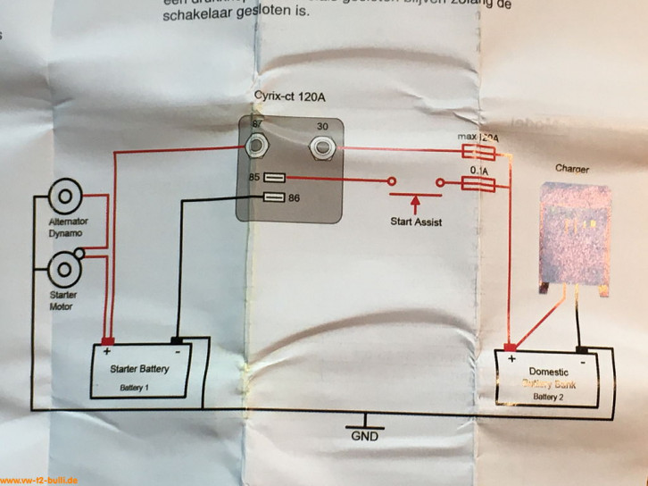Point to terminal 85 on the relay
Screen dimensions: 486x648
(x=275, y=177)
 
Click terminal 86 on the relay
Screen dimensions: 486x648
(x=275, y=197)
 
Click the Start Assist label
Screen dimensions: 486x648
(x=417, y=222)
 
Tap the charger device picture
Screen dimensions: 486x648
(x=577, y=234)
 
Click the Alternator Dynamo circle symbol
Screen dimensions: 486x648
(x=65, y=197)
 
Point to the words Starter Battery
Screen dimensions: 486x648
(x=139, y=368)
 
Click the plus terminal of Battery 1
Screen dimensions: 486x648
(x=107, y=340)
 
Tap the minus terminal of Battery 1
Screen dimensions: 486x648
(x=177, y=340)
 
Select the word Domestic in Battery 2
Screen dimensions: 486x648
(x=549, y=371)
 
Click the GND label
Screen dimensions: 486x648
(x=364, y=438)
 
